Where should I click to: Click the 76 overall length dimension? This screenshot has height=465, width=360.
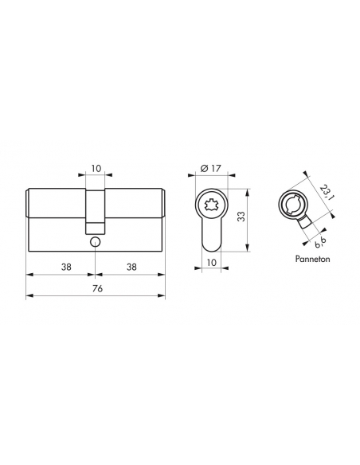point(97,288)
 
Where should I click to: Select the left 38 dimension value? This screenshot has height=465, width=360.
point(66,267)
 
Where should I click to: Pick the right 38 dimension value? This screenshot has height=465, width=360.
point(131,267)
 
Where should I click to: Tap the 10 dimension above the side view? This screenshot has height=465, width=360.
point(96,169)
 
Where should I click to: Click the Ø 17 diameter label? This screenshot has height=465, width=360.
point(211,169)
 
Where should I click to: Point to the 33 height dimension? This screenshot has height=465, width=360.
point(242,217)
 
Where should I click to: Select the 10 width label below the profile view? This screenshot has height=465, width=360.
point(211,262)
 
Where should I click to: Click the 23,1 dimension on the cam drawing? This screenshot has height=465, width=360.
point(325,192)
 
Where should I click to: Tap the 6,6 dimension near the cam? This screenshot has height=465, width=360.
point(320,243)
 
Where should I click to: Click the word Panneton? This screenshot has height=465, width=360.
point(312,259)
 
